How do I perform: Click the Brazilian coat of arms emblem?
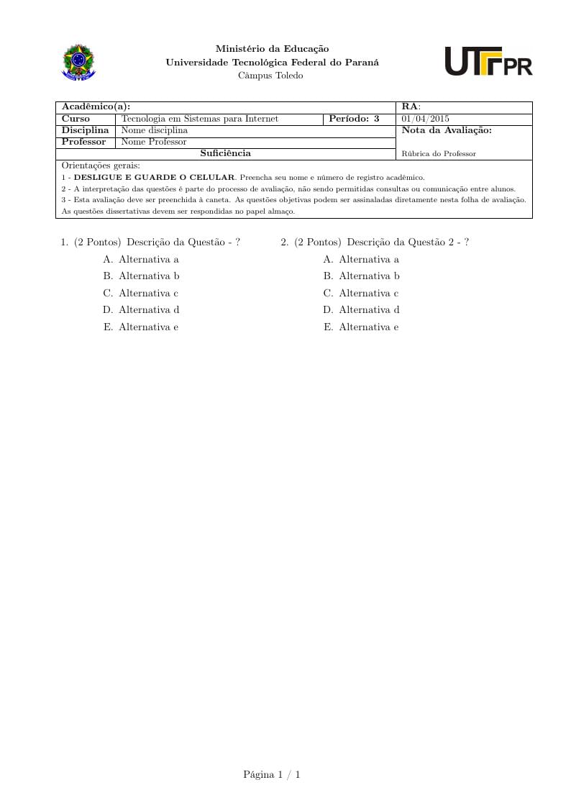point(78,62)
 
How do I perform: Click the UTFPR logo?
point(488,62)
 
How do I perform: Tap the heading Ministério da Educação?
point(272,49)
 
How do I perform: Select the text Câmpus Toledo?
point(270,76)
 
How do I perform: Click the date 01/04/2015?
point(426,119)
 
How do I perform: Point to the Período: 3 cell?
point(354,119)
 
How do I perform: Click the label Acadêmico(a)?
point(96,107)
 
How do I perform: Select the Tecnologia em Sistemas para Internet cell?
point(200,119)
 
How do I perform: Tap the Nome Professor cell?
point(154,142)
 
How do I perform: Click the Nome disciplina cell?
point(155,130)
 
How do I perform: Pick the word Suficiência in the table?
point(225,153)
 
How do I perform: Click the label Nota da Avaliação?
point(447,130)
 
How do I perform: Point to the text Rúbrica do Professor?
point(439,153)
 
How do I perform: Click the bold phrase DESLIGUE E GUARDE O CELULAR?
point(155,177)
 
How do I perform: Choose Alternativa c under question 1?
point(148,293)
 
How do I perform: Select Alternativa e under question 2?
point(368,327)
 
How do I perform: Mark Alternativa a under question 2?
point(368,259)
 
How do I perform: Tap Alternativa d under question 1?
point(148,310)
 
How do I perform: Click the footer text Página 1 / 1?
point(272,774)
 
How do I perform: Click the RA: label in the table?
point(411,107)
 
